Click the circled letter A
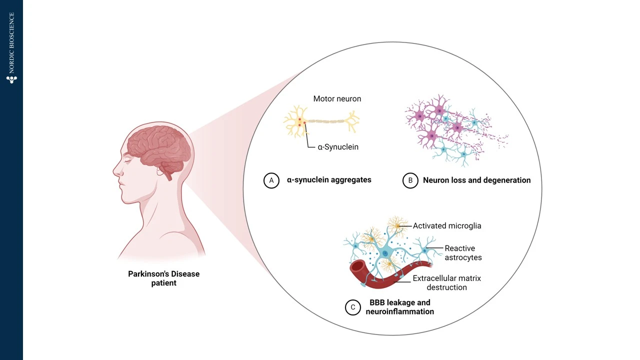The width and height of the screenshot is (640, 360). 271,180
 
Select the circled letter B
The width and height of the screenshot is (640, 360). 410,180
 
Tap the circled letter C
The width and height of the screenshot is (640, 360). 353,307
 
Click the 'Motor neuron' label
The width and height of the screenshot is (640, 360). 337,99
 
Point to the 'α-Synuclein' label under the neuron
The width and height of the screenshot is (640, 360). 338,147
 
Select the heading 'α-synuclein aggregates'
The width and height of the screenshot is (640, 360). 329,180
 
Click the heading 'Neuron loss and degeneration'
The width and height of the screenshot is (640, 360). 476,180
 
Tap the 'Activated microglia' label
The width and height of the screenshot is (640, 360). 447,226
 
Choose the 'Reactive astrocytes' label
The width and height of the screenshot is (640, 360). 463,253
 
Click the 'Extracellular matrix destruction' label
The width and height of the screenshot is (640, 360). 446,282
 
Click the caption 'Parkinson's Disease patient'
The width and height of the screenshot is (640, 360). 163,278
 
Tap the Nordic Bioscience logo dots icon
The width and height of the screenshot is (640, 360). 11,79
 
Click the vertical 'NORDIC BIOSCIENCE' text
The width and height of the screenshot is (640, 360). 11,43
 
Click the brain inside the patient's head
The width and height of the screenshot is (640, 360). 157,145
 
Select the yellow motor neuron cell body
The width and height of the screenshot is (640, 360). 299,123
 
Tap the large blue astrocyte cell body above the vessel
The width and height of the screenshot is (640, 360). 385,253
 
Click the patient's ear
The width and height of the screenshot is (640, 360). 161,173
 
